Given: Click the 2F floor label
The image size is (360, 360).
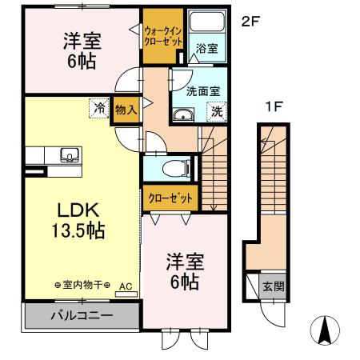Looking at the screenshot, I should (251, 22).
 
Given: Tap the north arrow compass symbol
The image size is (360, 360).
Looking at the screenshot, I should (323, 328).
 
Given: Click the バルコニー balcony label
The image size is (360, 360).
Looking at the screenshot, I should (83, 315).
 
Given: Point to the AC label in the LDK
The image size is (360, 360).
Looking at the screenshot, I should (126, 285).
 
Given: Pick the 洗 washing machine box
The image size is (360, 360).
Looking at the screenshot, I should (216, 113).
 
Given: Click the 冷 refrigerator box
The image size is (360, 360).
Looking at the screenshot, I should (99, 107).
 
